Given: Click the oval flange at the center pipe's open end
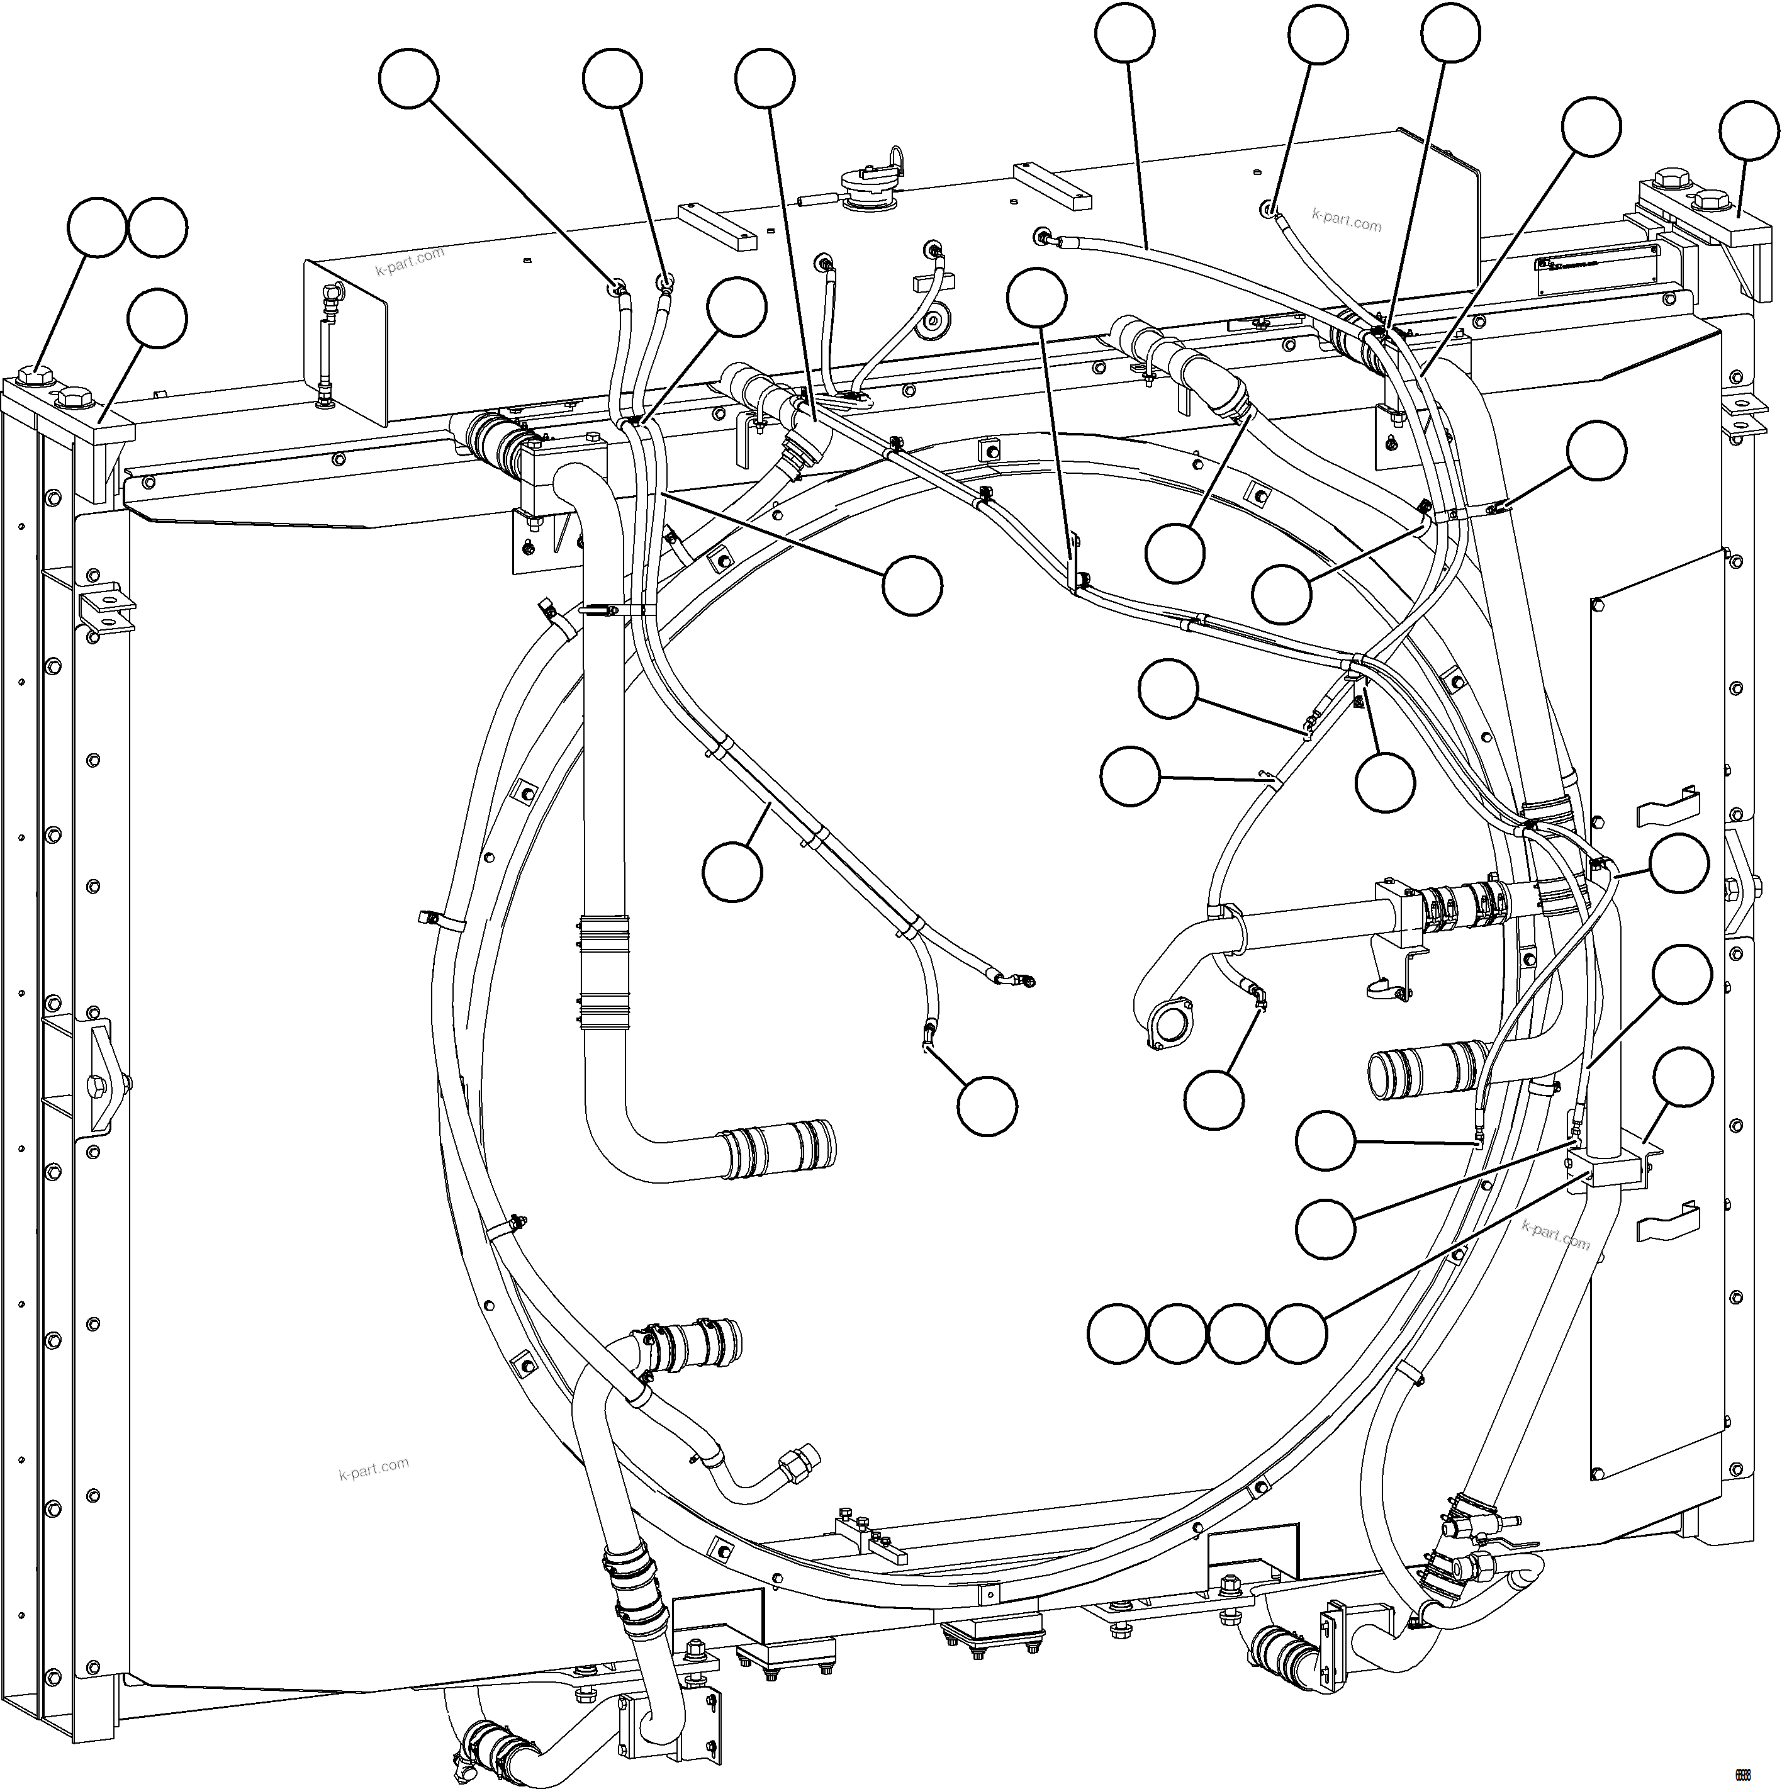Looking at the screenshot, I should [1169, 1025].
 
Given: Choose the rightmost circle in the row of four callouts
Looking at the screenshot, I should [1296, 1334].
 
